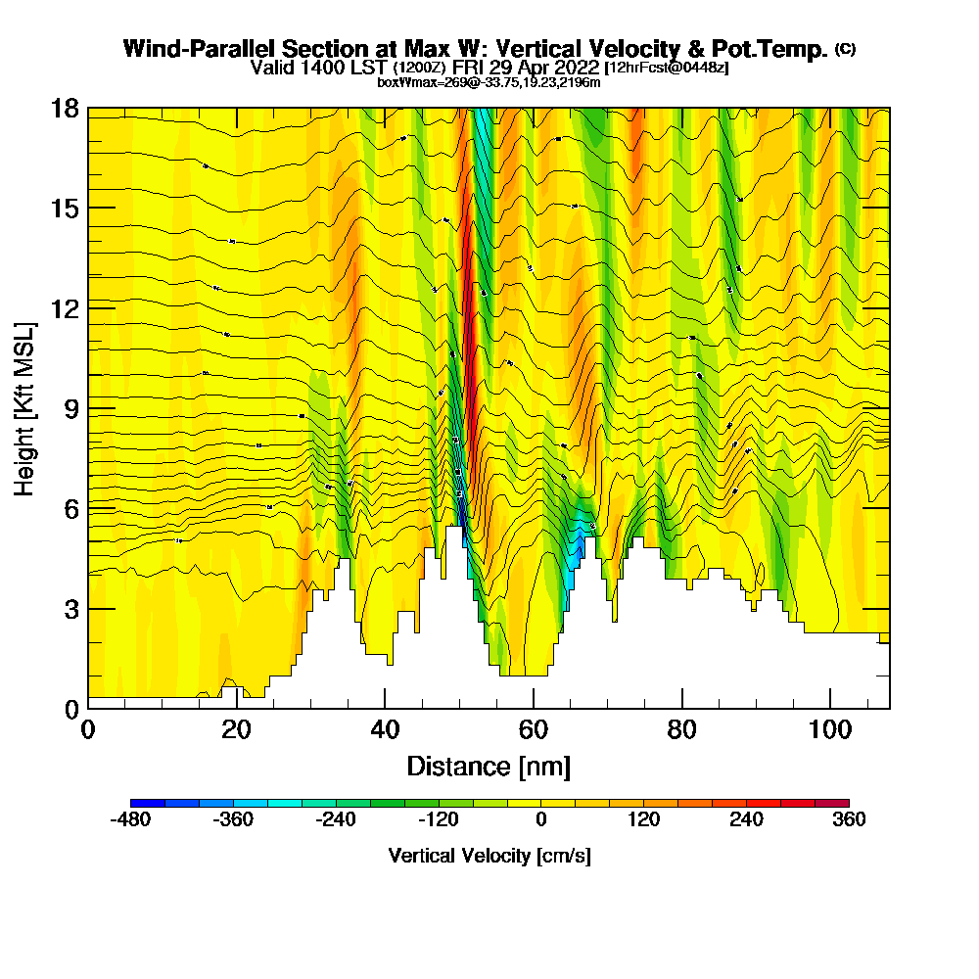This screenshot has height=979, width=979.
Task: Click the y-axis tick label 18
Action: click(x=65, y=109)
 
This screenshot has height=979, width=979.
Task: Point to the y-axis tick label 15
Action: click(x=65, y=209)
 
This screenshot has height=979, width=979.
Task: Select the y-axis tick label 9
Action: click(x=70, y=408)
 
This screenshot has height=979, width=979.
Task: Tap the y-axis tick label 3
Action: click(x=70, y=609)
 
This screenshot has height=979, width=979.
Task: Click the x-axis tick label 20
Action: click(x=236, y=729)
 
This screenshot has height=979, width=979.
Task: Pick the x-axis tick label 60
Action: click(x=533, y=729)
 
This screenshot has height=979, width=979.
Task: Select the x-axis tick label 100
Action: click(x=829, y=729)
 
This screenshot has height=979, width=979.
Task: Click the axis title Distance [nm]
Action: click(x=489, y=766)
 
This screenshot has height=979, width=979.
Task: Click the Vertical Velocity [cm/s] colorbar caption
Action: click(x=489, y=856)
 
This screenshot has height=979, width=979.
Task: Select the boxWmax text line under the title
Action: click(x=489, y=82)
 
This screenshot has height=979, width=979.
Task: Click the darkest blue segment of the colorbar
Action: click(x=147, y=803)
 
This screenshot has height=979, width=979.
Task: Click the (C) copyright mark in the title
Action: click(x=845, y=49)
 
